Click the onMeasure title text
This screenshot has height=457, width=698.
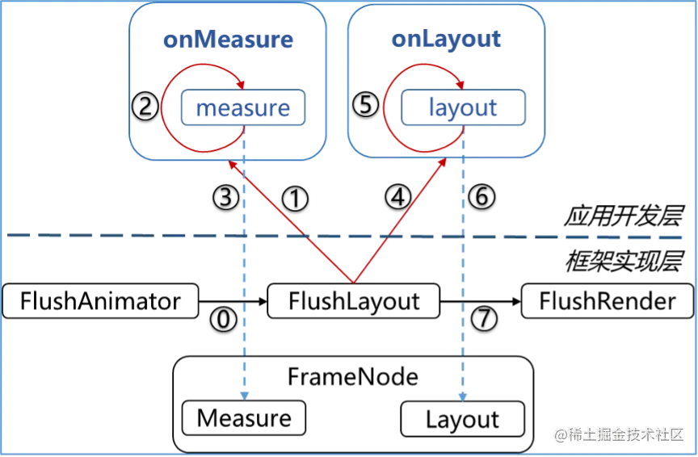(228, 40)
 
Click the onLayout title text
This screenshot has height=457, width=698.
(446, 40)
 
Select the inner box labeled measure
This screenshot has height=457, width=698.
(242, 108)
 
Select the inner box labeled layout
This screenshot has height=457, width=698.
(463, 108)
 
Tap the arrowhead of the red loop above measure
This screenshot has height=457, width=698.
(241, 82)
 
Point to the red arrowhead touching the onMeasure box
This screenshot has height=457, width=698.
(233, 166)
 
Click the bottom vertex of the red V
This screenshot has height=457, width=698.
(353, 282)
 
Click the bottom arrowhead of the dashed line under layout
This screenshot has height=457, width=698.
(462, 395)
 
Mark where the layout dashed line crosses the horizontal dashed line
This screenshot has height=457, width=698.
(462, 237)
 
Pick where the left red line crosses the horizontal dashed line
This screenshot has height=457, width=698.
(306, 237)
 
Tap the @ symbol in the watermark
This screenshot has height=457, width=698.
(559, 434)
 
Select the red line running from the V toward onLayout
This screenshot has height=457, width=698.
(400, 220)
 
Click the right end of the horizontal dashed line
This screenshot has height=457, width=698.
(683, 238)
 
